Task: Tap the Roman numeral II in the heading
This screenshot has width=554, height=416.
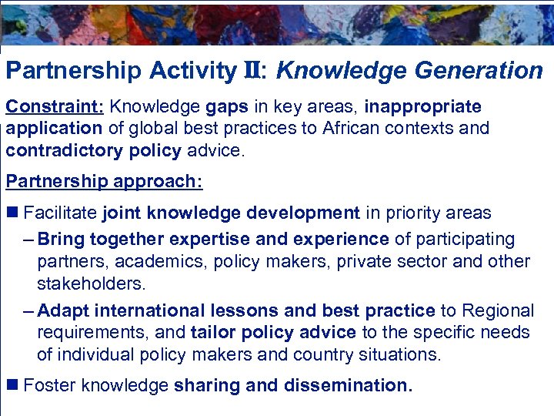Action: coord(248,72)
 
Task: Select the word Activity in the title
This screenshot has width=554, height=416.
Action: coord(192,72)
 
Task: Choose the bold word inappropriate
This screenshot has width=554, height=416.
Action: coord(422,106)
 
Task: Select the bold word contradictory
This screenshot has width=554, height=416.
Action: coord(63,149)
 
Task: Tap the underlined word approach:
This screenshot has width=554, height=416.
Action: coord(158,182)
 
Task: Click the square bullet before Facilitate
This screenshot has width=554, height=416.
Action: coord(13,213)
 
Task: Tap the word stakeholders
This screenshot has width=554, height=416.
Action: coord(91,283)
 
